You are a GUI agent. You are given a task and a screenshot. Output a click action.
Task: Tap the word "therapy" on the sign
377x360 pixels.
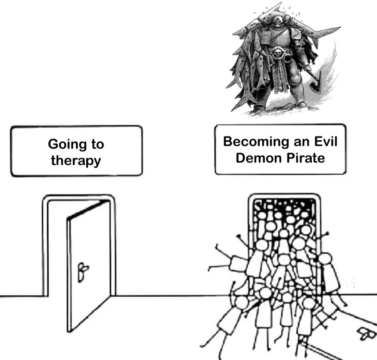coord(76,161)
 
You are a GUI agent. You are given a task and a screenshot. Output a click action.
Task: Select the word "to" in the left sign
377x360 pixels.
coord(98,145)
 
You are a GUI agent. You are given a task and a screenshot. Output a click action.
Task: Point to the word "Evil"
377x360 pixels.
coord(326,141)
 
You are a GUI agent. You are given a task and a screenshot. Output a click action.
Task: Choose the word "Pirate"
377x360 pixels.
coord(306,158)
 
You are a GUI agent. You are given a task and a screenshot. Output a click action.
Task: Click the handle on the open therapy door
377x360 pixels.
coord(83,272)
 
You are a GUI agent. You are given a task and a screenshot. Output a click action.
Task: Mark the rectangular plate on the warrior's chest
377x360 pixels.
coord(266,37)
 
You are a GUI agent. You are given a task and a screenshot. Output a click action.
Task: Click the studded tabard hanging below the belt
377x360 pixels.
coord(280,75)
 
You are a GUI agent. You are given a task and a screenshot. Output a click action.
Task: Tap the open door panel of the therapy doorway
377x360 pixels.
coord(89,266)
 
